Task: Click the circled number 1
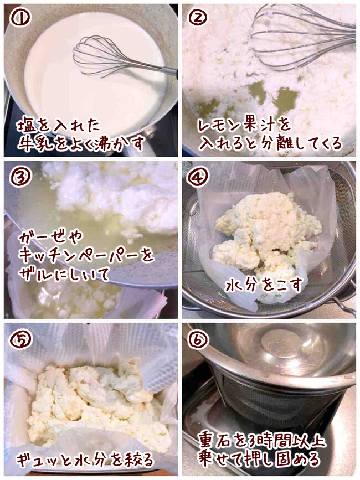[x=20, y=18]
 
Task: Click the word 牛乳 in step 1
[x=36, y=143]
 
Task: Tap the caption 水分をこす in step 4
[x=264, y=285]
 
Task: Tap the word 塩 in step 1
[x=26, y=126]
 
